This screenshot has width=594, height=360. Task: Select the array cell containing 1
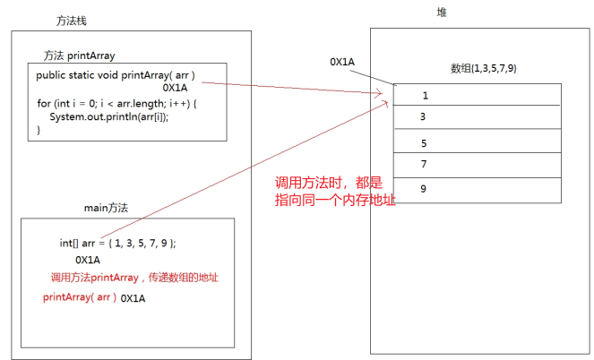pyautogui.click(x=478, y=94)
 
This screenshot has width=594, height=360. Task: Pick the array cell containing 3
pyautogui.click(x=478, y=116)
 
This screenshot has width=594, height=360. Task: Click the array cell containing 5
pyautogui.click(x=478, y=142)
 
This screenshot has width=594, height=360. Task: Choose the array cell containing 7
pyautogui.click(x=478, y=165)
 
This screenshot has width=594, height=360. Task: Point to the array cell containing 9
pyautogui.click(x=478, y=189)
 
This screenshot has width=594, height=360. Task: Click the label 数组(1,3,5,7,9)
pyautogui.click(x=483, y=69)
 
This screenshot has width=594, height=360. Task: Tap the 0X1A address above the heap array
pyautogui.click(x=342, y=62)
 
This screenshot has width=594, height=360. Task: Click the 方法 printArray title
pyautogui.click(x=79, y=55)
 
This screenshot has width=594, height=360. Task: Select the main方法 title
pyautogui.click(x=106, y=208)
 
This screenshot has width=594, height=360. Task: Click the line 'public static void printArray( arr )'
pyautogui.click(x=116, y=75)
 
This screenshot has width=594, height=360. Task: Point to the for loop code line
pyautogui.click(x=116, y=104)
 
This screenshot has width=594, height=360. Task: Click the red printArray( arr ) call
pyautogui.click(x=80, y=296)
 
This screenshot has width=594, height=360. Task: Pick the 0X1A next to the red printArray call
pyautogui.click(x=133, y=297)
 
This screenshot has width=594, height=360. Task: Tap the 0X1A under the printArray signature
pyautogui.click(x=176, y=89)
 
